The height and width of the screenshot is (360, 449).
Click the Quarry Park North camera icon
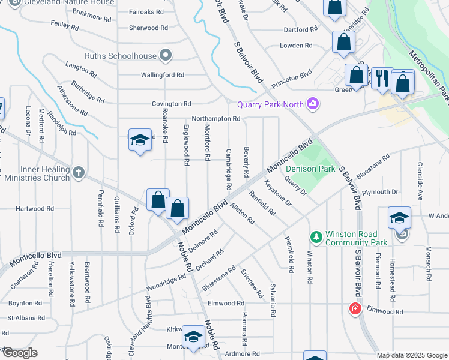click(x=312, y=104)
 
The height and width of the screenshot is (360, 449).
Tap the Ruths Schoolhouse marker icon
click(x=166, y=56)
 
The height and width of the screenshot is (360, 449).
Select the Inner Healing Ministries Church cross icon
click(x=78, y=173)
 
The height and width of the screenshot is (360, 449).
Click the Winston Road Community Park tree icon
click(x=316, y=235)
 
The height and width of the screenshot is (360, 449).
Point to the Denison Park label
click(x=310, y=169)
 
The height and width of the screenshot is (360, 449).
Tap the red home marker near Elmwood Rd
click(x=355, y=309)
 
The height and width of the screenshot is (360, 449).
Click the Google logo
click(x=20, y=353)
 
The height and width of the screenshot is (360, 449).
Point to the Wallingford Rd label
click(x=162, y=75)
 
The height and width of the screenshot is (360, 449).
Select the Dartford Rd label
click(x=301, y=29)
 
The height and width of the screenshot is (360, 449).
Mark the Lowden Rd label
click(x=297, y=46)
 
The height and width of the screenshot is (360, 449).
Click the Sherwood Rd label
click(x=148, y=28)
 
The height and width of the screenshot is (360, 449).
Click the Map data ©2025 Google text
click(x=412, y=355)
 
